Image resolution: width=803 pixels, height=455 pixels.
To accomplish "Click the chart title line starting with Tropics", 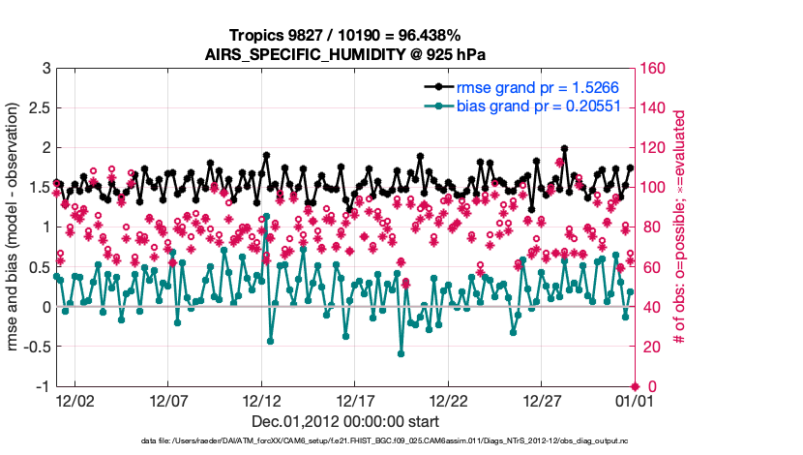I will [x=344, y=35].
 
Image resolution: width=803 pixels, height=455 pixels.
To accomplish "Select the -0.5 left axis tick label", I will [x=36, y=347].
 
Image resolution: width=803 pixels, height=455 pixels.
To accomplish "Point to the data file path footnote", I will [x=344, y=441].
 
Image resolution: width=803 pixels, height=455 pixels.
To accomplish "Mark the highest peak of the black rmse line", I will [x=564, y=149].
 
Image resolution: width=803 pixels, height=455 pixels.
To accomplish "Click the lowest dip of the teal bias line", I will [x=401, y=353].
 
